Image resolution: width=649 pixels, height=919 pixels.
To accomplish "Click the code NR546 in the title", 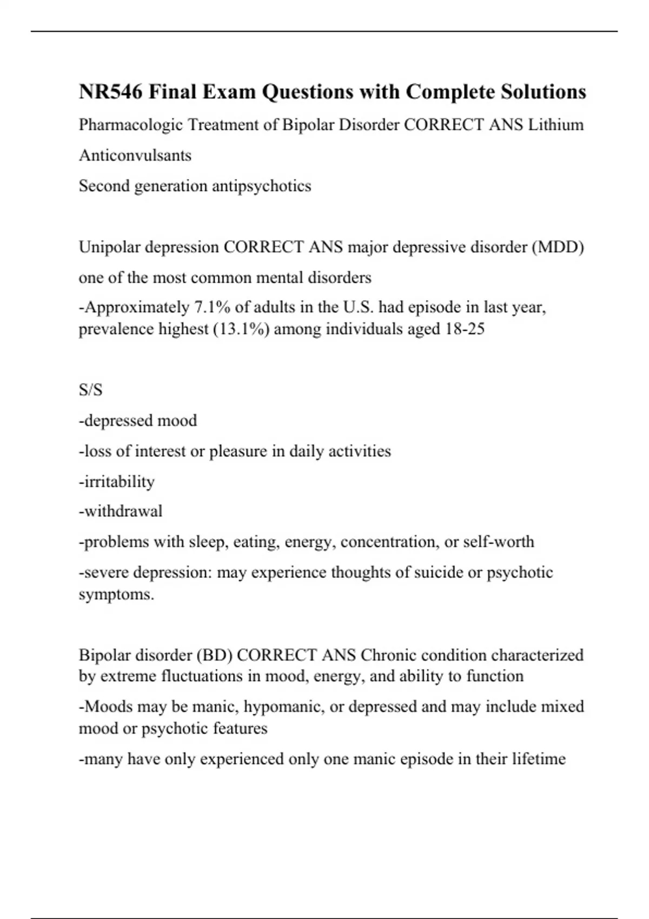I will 111,92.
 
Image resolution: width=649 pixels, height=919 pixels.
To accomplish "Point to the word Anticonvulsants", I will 135,156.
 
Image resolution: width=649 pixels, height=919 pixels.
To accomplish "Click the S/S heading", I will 90,390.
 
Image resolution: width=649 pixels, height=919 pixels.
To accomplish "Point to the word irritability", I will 117,482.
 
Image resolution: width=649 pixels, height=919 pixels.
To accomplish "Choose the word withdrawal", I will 121,511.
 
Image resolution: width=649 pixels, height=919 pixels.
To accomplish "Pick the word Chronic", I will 388,655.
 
